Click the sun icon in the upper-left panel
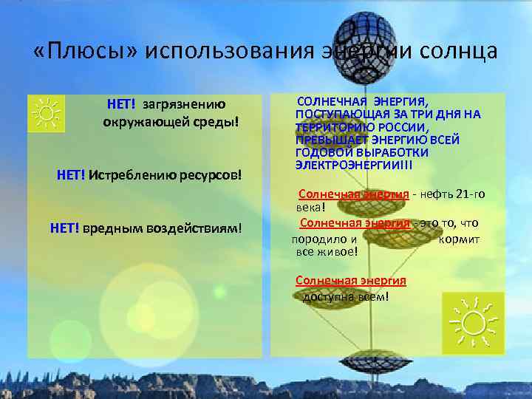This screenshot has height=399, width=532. click(x=47, y=113)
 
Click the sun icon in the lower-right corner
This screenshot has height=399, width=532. click(x=474, y=321)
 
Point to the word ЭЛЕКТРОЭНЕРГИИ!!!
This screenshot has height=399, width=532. click(x=353, y=164)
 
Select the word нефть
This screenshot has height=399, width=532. click(x=436, y=194)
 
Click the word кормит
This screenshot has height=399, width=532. click(x=459, y=239)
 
